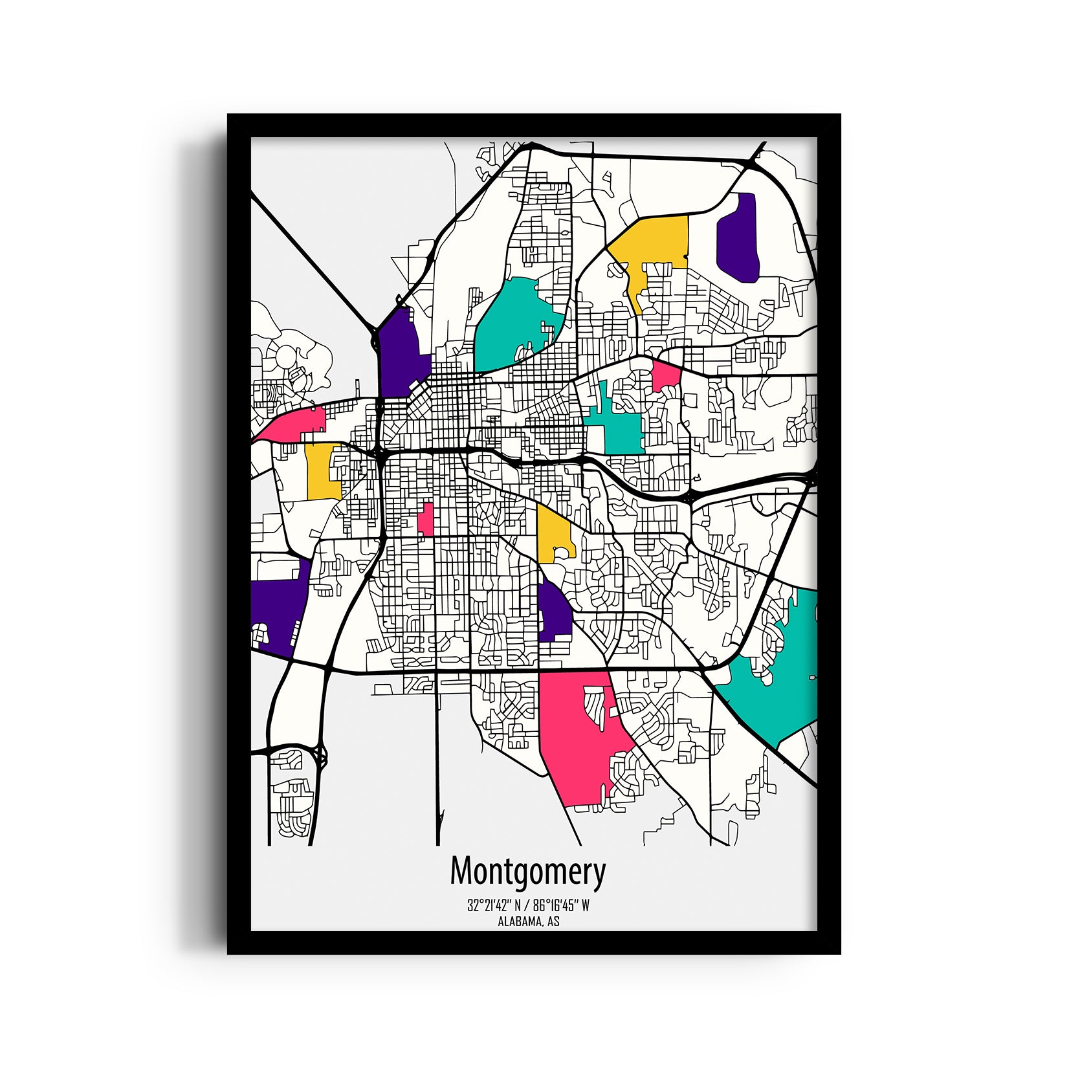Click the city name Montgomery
[527, 872]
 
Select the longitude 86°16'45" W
[560, 906]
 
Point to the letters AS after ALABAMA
[553, 921]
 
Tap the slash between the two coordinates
[527, 906]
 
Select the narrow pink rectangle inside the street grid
[426, 519]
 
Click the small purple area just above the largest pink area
[553, 612]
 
